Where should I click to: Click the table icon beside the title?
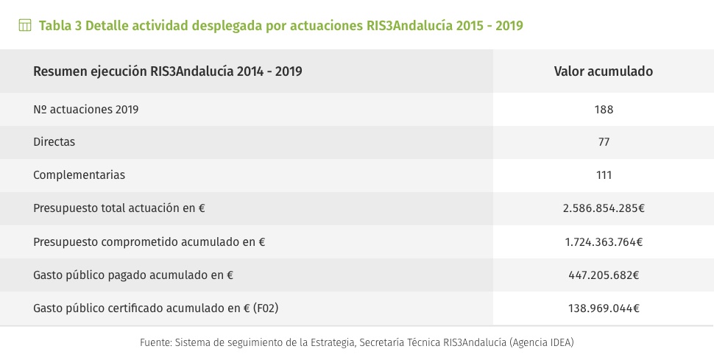[25, 26]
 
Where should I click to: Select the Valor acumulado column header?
[603, 71]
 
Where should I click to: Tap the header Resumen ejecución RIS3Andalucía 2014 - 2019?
[168, 71]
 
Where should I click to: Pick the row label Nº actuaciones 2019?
[86, 109]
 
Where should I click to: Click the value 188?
[604, 109]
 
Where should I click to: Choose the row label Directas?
[54, 141]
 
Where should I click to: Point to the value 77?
[604, 141]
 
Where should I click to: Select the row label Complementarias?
[79, 175]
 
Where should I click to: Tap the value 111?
[604, 175]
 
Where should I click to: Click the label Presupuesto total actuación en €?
[119, 208]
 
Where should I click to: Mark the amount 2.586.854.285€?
[604, 208]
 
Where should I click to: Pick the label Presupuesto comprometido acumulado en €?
[149, 241]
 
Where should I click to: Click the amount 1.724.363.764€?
[604, 241]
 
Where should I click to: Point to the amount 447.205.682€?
[604, 275]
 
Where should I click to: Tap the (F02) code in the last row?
[266, 308]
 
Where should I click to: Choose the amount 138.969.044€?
[604, 308]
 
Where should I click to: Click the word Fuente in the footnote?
[156, 343]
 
